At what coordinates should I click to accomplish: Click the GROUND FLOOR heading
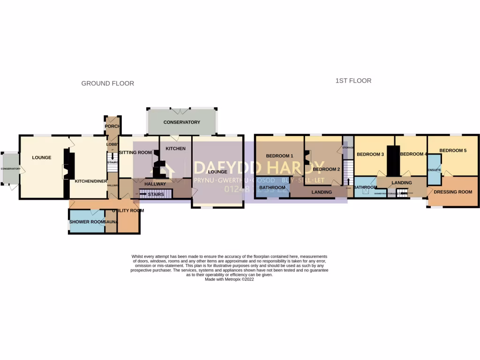(108, 83)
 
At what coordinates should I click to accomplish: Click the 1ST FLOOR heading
(353, 81)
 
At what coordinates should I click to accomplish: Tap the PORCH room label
(112, 126)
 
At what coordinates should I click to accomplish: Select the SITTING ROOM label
(135, 152)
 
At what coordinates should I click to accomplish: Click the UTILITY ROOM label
(127, 210)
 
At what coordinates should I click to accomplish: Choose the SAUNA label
(111, 222)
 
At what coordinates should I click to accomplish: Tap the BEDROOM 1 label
(279, 156)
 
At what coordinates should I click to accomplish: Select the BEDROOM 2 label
(326, 169)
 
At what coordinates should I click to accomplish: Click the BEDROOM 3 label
(370, 154)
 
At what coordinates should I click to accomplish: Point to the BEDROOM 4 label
(414, 154)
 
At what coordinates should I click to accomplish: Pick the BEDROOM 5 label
(453, 150)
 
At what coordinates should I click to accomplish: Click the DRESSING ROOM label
(453, 192)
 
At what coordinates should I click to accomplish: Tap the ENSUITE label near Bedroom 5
(434, 170)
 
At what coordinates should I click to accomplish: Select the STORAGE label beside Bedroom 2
(347, 148)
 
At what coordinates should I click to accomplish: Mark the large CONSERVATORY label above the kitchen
(182, 122)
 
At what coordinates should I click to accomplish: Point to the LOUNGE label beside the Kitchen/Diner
(42, 157)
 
